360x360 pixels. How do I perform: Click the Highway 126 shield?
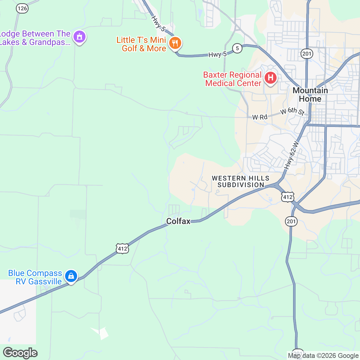point(22,8)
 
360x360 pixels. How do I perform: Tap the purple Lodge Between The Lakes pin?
point(79,37)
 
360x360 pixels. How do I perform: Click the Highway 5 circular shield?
point(237,48)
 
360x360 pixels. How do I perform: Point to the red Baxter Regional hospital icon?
point(271,78)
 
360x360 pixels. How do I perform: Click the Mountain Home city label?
point(310,94)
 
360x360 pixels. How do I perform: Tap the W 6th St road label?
point(292,111)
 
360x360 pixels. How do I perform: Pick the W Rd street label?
point(260,117)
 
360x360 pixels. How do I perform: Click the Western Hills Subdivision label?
point(241,181)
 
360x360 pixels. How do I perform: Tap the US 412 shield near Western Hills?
point(288,197)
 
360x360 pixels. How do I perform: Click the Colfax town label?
point(178,221)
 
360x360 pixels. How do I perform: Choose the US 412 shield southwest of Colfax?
point(122,248)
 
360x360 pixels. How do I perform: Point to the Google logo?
point(20,353)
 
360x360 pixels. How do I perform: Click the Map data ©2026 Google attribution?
point(323,356)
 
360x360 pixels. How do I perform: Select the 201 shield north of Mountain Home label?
point(307,54)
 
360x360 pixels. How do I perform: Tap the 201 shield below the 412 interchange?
point(291,221)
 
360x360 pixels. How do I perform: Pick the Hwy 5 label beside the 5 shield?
point(217,55)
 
